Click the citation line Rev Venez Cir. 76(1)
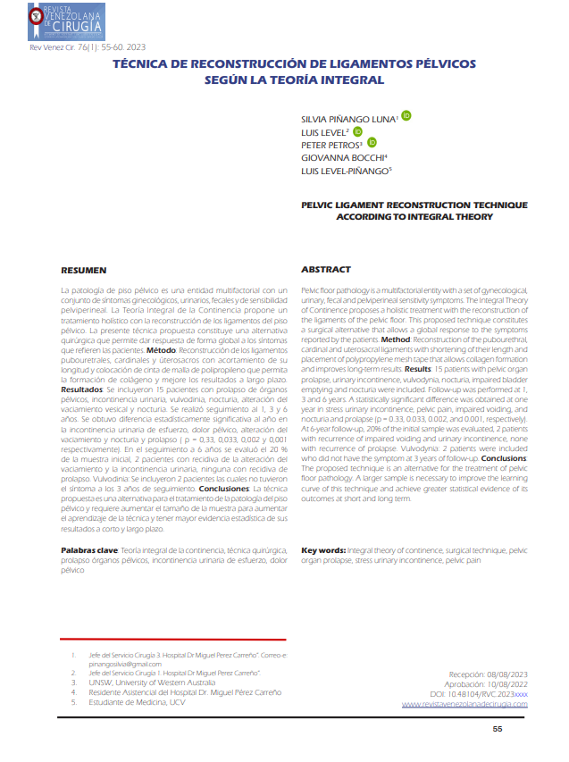coord(88,46)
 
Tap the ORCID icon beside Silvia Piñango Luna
coord(406,115)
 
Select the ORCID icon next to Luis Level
coord(358,130)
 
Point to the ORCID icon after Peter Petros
coord(372,143)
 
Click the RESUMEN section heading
coord(83,270)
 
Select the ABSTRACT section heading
coord(325,270)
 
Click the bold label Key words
coord(323,551)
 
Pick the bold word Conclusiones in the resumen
coord(225,490)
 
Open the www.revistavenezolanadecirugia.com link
coord(464,704)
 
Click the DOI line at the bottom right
coord(479,693)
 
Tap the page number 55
coord(523,729)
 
